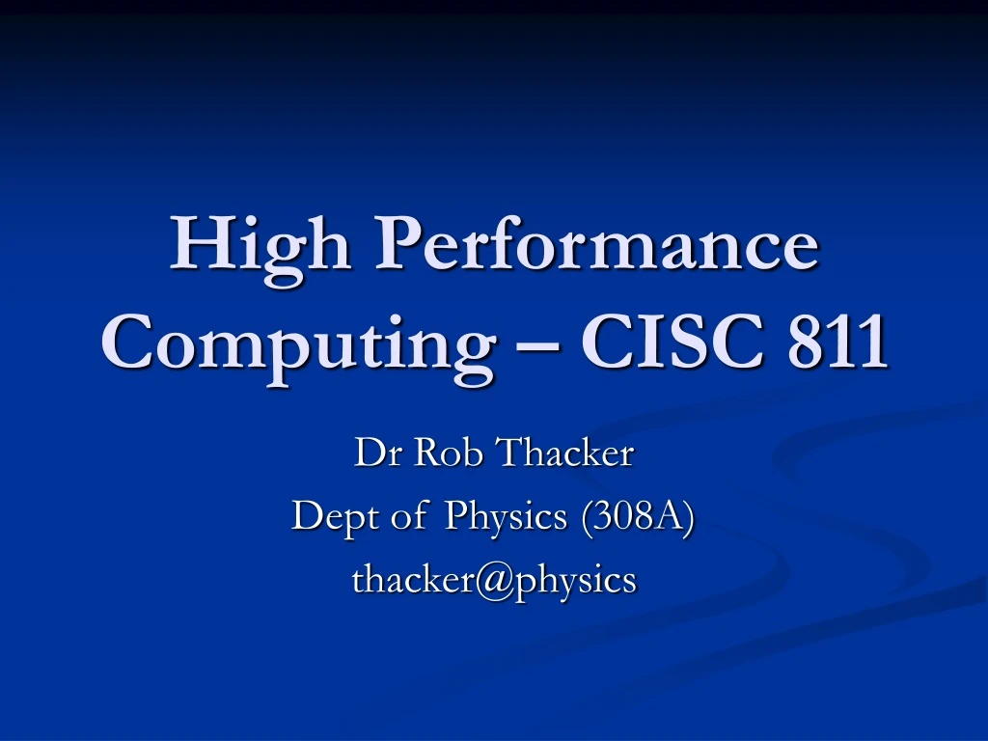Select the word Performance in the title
(x=598, y=245)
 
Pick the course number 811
(x=837, y=343)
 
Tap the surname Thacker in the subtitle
(x=564, y=453)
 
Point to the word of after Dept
(x=408, y=517)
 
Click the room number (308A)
(x=637, y=517)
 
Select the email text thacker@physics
(x=494, y=580)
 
